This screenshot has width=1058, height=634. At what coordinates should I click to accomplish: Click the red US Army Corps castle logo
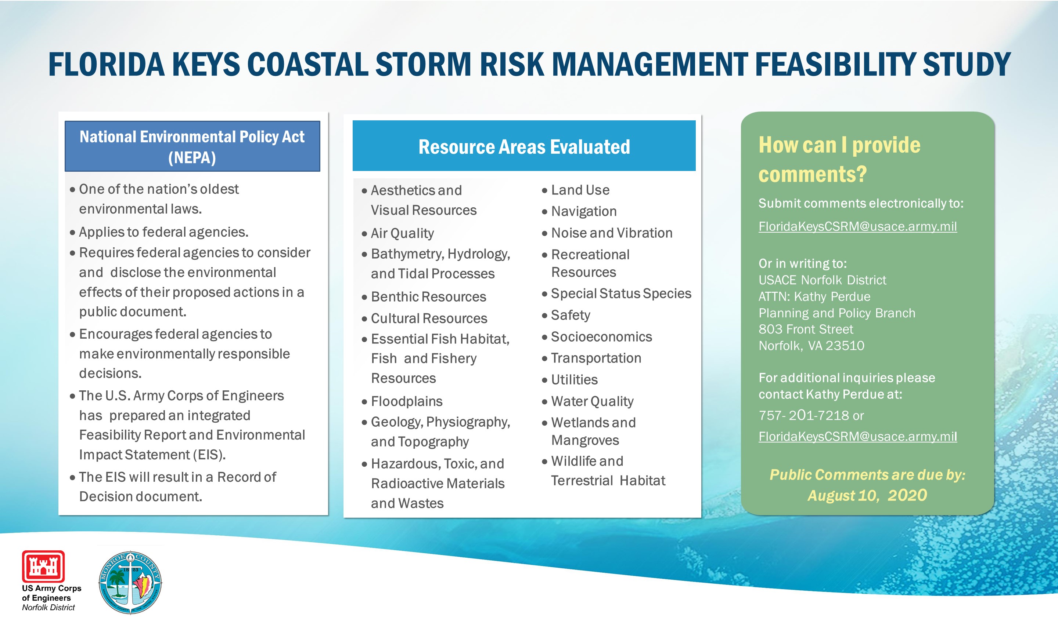coord(43,566)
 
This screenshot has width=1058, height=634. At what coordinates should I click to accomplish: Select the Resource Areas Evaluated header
coord(524,146)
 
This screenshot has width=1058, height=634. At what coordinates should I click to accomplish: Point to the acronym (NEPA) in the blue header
coord(192,158)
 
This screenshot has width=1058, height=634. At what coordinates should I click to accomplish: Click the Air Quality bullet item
coord(402,233)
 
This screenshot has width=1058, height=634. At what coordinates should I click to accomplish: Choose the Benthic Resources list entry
coord(428,296)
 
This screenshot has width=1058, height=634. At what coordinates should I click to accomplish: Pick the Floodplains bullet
coord(406,401)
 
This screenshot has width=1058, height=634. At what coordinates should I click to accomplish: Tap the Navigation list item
coord(584,211)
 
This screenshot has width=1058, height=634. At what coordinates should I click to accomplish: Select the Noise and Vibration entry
coord(612,233)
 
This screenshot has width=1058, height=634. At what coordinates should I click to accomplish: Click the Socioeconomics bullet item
coord(601,337)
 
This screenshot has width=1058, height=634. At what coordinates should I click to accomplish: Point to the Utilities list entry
coord(574,379)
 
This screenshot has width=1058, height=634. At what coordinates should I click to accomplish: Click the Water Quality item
coord(592,401)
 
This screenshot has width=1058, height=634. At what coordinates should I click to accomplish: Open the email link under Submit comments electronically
coord(857,226)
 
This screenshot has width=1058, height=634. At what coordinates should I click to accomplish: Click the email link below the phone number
coord(857,436)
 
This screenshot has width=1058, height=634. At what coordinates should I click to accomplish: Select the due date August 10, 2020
coord(867,496)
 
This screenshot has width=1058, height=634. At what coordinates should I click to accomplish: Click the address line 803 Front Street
coord(806,329)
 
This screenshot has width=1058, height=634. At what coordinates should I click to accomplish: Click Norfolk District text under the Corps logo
coord(48,608)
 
